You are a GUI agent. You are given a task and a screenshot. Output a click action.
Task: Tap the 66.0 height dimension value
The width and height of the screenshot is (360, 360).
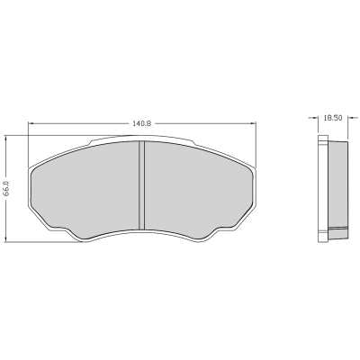(x=7, y=190)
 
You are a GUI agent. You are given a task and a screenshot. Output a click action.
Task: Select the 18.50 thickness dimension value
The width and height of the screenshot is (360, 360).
(x=334, y=116)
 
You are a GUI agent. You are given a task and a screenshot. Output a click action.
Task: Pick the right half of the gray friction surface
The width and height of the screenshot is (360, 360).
(x=198, y=187)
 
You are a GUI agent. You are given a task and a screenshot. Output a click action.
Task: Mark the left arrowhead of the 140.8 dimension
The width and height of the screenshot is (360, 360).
(x=32, y=123)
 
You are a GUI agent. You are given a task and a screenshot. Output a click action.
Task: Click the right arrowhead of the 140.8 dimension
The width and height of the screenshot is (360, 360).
(x=251, y=123)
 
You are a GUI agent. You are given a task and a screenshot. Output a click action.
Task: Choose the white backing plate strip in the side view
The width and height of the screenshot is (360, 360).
(x=324, y=189)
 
